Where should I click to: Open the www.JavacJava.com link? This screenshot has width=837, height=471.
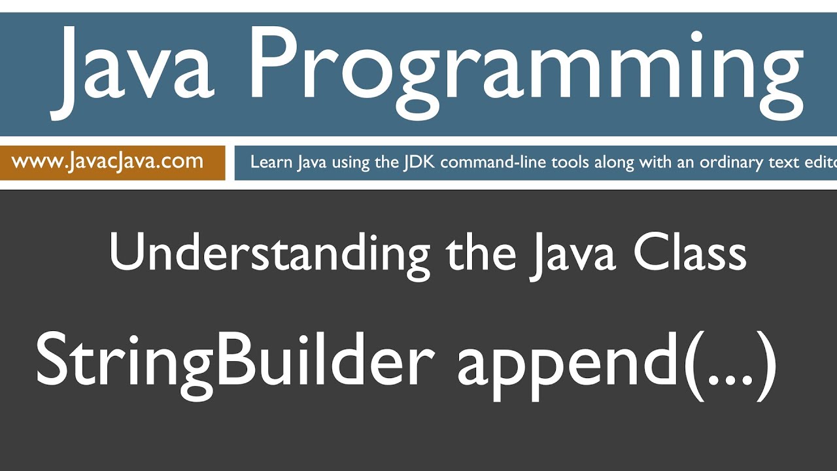click(x=107, y=162)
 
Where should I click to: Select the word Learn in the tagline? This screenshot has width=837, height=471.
click(x=271, y=162)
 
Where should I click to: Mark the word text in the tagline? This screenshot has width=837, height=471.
click(x=787, y=162)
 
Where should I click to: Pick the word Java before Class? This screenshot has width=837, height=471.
click(x=573, y=254)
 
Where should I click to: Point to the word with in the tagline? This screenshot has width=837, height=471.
click(x=658, y=162)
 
